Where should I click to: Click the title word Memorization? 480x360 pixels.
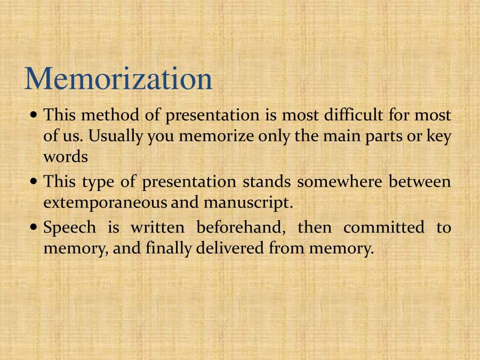pos(118,78)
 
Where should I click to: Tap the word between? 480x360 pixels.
pos(419,182)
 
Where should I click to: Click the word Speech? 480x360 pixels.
pos(70,228)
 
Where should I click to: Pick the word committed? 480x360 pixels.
pos(383,228)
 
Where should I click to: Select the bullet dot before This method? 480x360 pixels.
pos(35,115)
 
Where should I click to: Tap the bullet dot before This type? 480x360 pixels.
pos(35,182)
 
